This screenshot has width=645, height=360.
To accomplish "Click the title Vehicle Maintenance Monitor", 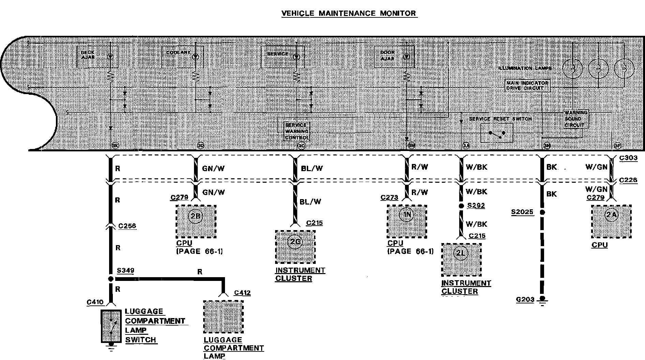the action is (349, 14).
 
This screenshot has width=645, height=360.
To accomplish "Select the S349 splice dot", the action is (110, 279).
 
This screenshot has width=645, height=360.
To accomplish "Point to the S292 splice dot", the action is (461, 206).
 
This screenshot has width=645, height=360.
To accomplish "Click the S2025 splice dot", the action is (542, 212).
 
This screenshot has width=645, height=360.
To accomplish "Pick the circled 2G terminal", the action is (295, 242).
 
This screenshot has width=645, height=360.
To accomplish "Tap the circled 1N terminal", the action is (407, 215).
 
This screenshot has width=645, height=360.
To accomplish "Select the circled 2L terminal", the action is (461, 253).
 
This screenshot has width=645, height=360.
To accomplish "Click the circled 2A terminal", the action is (611, 215).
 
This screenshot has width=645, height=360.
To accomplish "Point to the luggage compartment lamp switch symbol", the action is (111, 326).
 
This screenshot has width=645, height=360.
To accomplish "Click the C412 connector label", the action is (242, 293).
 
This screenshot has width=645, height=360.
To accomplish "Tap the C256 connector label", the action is (127, 226).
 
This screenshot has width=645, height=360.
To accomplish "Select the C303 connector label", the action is (628, 159).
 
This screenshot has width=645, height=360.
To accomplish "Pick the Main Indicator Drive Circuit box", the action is (527, 86).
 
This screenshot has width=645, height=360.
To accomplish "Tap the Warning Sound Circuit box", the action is (575, 119).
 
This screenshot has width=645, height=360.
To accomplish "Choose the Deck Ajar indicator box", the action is (97, 57).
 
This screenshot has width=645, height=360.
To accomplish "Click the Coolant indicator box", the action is (182, 57).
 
